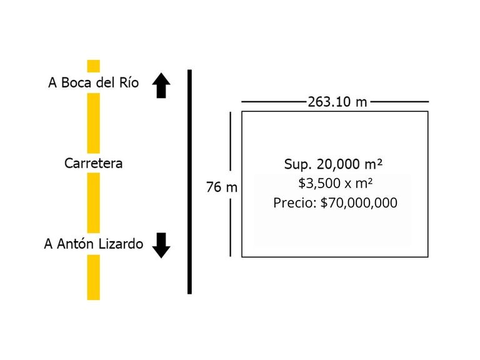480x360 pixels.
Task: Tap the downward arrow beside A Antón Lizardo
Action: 161,245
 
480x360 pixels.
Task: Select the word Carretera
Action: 93,164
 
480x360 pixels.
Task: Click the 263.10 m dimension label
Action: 337,102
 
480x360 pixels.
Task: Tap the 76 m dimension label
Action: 222,186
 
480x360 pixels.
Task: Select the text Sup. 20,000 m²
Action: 333,164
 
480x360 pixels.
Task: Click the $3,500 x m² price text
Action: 335,183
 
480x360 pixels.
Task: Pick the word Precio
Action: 294,203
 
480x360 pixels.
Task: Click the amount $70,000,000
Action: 359,203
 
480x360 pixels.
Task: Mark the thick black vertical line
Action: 189,181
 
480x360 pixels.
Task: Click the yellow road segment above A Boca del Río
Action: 93,66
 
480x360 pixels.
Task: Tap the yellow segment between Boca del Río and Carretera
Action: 93,122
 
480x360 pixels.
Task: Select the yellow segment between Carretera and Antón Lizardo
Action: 93,202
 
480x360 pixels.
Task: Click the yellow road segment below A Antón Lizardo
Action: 93,277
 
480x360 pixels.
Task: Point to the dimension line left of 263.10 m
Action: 274,101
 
